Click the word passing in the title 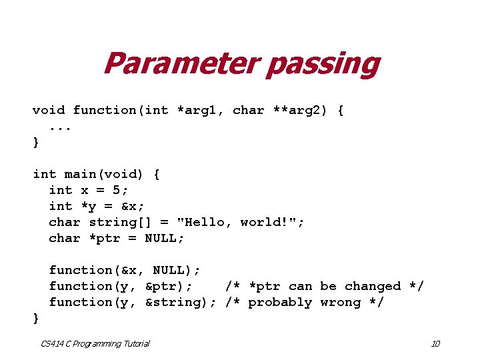tap(322, 65)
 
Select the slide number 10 tap(435, 343)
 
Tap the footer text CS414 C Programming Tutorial tap(95, 343)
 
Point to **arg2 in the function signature tap(297, 110)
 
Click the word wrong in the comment tap(341, 302)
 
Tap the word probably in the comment tap(281, 302)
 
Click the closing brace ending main tap(36, 318)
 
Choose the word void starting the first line tap(49, 110)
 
